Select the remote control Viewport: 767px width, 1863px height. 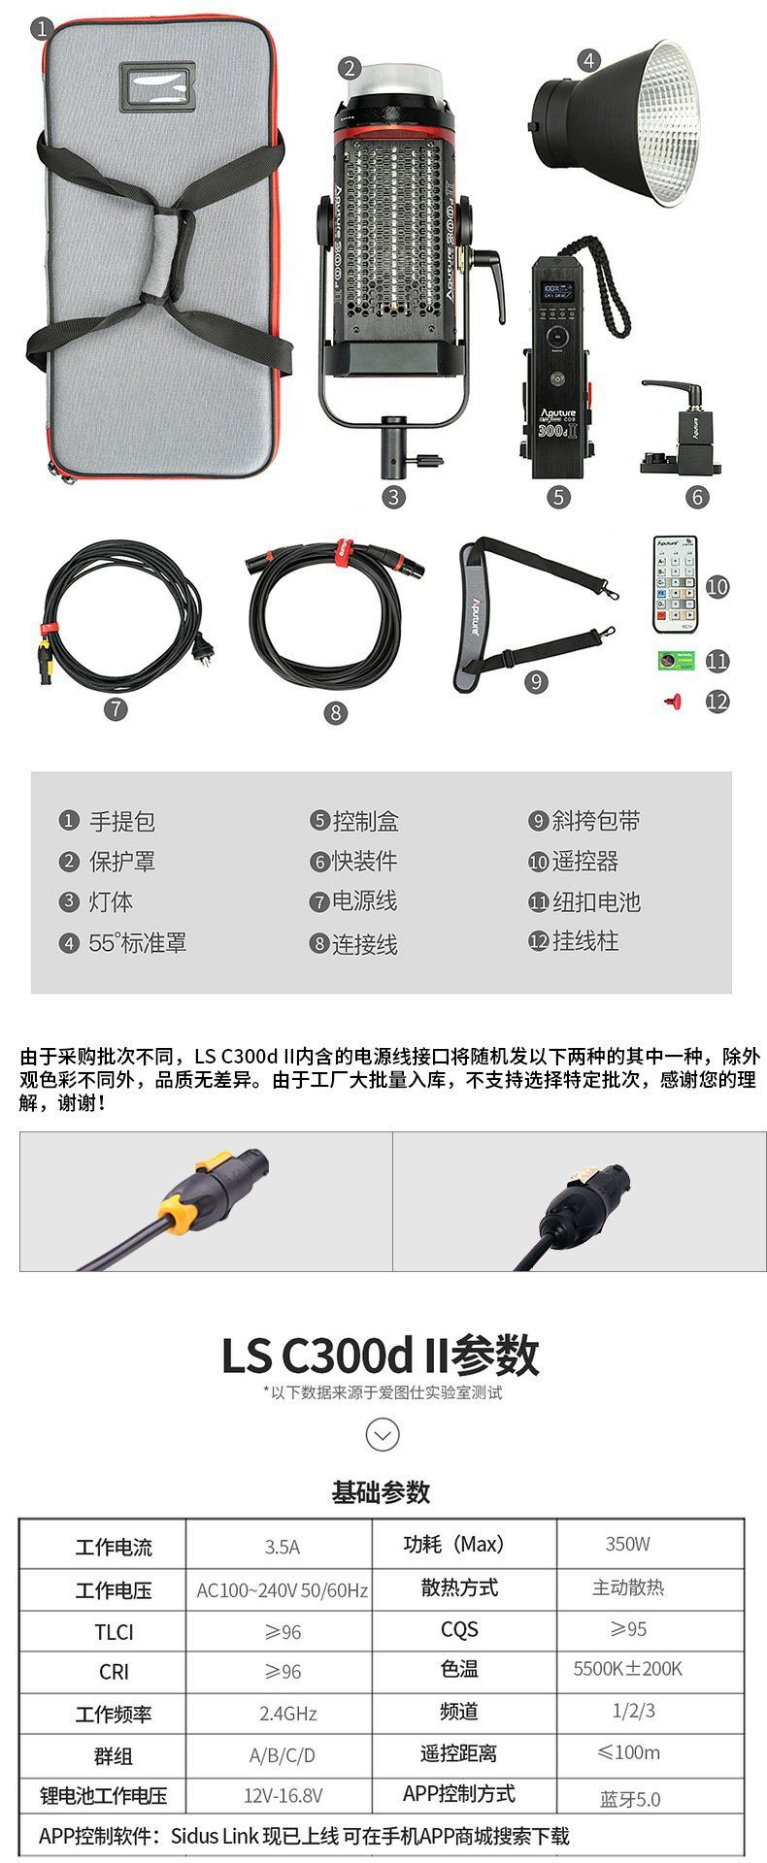click(x=676, y=582)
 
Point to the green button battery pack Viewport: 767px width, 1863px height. click(x=675, y=660)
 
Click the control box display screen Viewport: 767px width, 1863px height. click(x=556, y=292)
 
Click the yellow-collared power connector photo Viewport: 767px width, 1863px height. click(x=206, y=1200)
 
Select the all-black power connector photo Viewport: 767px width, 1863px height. click(x=579, y=1200)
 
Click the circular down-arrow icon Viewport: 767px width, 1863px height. click(x=382, y=1434)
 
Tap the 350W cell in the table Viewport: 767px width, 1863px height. click(x=627, y=1544)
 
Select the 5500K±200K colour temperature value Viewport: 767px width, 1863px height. click(x=627, y=1668)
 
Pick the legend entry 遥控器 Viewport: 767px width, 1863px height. click(x=574, y=861)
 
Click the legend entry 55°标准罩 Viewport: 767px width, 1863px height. click(x=123, y=942)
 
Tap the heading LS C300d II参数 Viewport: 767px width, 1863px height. click(x=381, y=1355)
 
